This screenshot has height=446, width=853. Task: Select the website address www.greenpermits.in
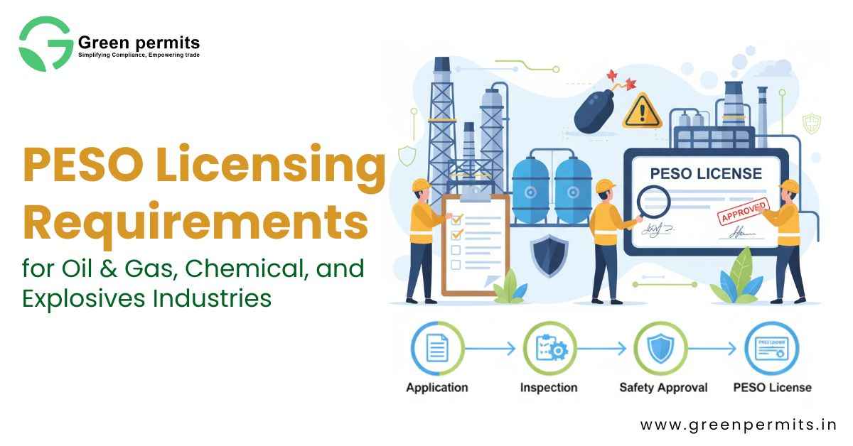(x=738, y=425)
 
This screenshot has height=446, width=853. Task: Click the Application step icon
(x=437, y=348)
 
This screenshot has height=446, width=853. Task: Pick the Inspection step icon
(x=549, y=348)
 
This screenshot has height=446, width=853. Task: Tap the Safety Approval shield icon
(x=661, y=348)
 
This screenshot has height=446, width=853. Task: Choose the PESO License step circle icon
(x=772, y=348)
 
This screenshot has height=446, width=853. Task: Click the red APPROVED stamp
(x=744, y=212)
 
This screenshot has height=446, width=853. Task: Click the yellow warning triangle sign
(x=642, y=111)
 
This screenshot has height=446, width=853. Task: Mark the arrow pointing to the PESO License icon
(x=716, y=349)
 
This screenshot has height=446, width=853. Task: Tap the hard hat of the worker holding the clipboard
(x=422, y=185)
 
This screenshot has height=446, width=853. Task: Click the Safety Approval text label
(x=663, y=388)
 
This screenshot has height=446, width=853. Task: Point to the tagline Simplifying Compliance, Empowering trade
(x=139, y=55)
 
